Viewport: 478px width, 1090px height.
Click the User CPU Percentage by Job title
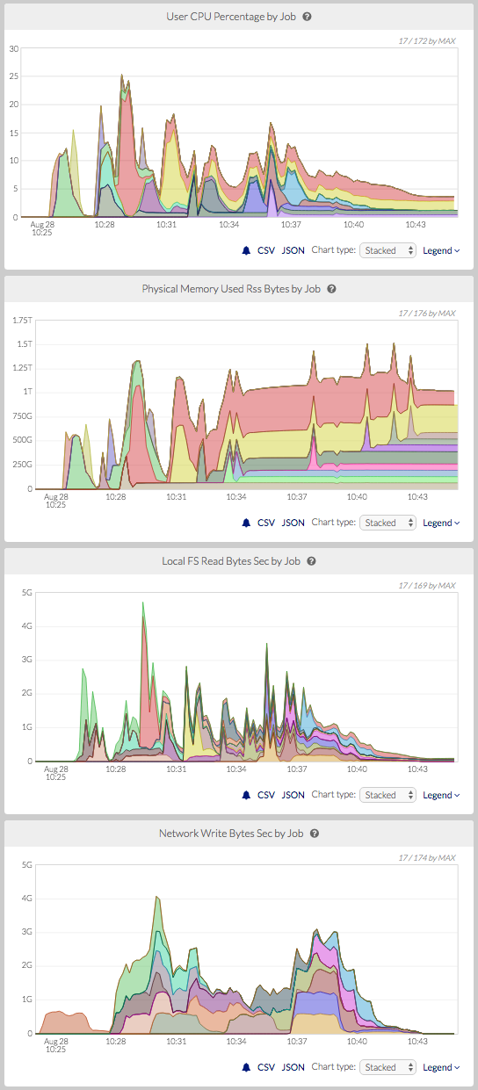(x=232, y=16)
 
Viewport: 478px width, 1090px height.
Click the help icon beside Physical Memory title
(x=332, y=288)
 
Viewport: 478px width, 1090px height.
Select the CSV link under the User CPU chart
(x=265, y=250)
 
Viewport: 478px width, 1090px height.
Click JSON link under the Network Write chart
(x=293, y=1067)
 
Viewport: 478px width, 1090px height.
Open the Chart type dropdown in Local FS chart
(x=388, y=795)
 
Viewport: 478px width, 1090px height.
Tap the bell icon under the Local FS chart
(x=246, y=795)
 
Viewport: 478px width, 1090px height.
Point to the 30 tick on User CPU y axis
(x=14, y=48)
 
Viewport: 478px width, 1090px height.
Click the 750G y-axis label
(x=22, y=440)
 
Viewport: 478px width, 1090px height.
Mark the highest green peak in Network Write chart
(x=156, y=898)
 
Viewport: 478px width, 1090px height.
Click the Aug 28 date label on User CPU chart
(x=54, y=224)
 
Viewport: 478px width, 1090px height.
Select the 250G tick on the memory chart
(x=22, y=464)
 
